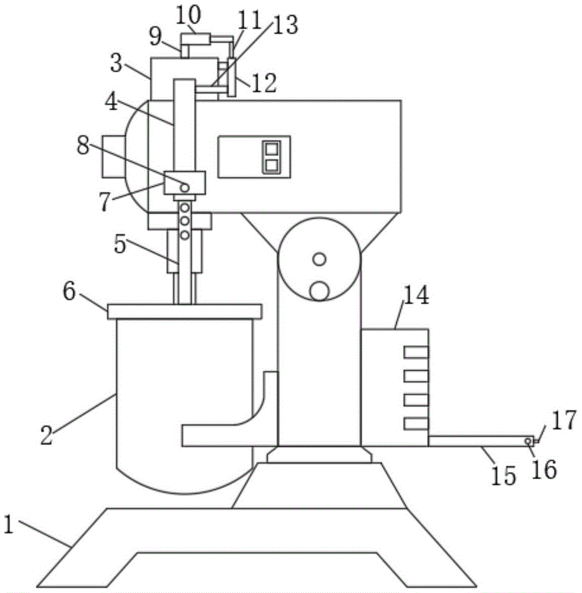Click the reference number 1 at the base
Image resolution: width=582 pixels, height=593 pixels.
coord(8,524)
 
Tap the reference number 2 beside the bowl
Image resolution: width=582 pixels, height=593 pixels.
coord(46,434)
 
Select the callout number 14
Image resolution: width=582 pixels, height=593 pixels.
coord(416,295)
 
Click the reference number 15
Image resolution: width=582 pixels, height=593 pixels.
coord(504,476)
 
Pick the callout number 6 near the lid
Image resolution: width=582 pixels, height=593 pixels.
coord(69,291)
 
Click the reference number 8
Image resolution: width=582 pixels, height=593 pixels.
coord(83,145)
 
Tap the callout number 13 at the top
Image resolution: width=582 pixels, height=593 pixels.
coord(286,24)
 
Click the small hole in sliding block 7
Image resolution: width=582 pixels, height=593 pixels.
coord(185,187)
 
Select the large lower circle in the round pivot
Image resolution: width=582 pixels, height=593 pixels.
coord(319,291)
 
